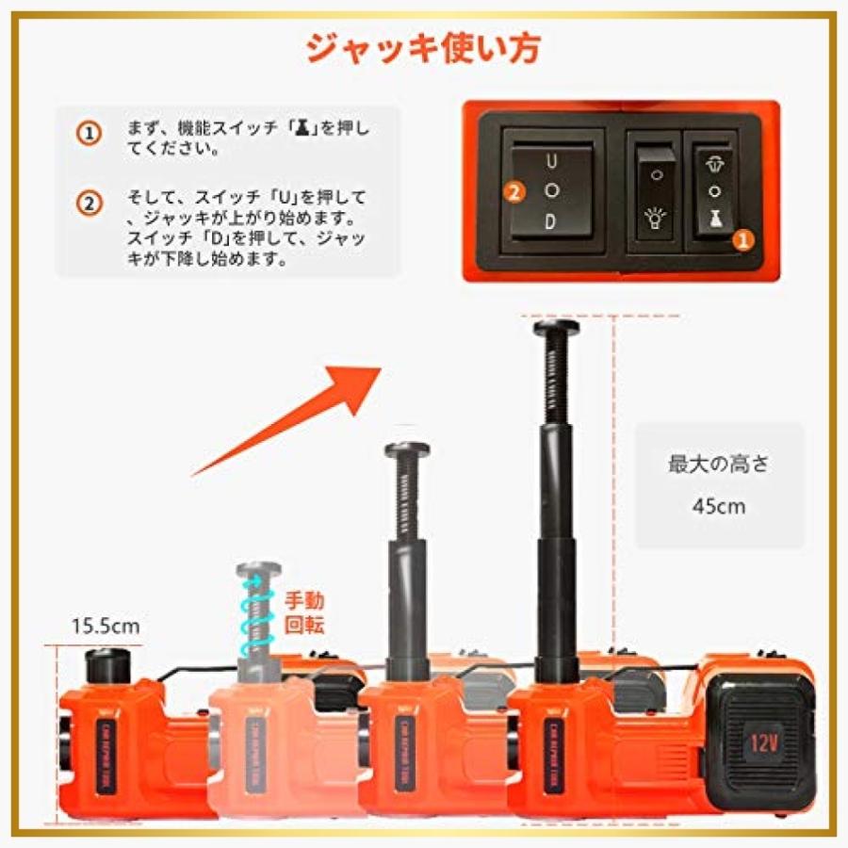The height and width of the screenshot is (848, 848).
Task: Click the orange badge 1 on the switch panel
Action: click(x=743, y=240)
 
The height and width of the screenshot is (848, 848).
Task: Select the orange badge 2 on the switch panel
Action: click(x=514, y=193)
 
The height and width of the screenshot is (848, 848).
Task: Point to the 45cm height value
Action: click(x=719, y=506)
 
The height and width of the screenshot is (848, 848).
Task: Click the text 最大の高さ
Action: click(x=719, y=464)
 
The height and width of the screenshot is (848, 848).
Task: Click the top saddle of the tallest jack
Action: click(x=556, y=328)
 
